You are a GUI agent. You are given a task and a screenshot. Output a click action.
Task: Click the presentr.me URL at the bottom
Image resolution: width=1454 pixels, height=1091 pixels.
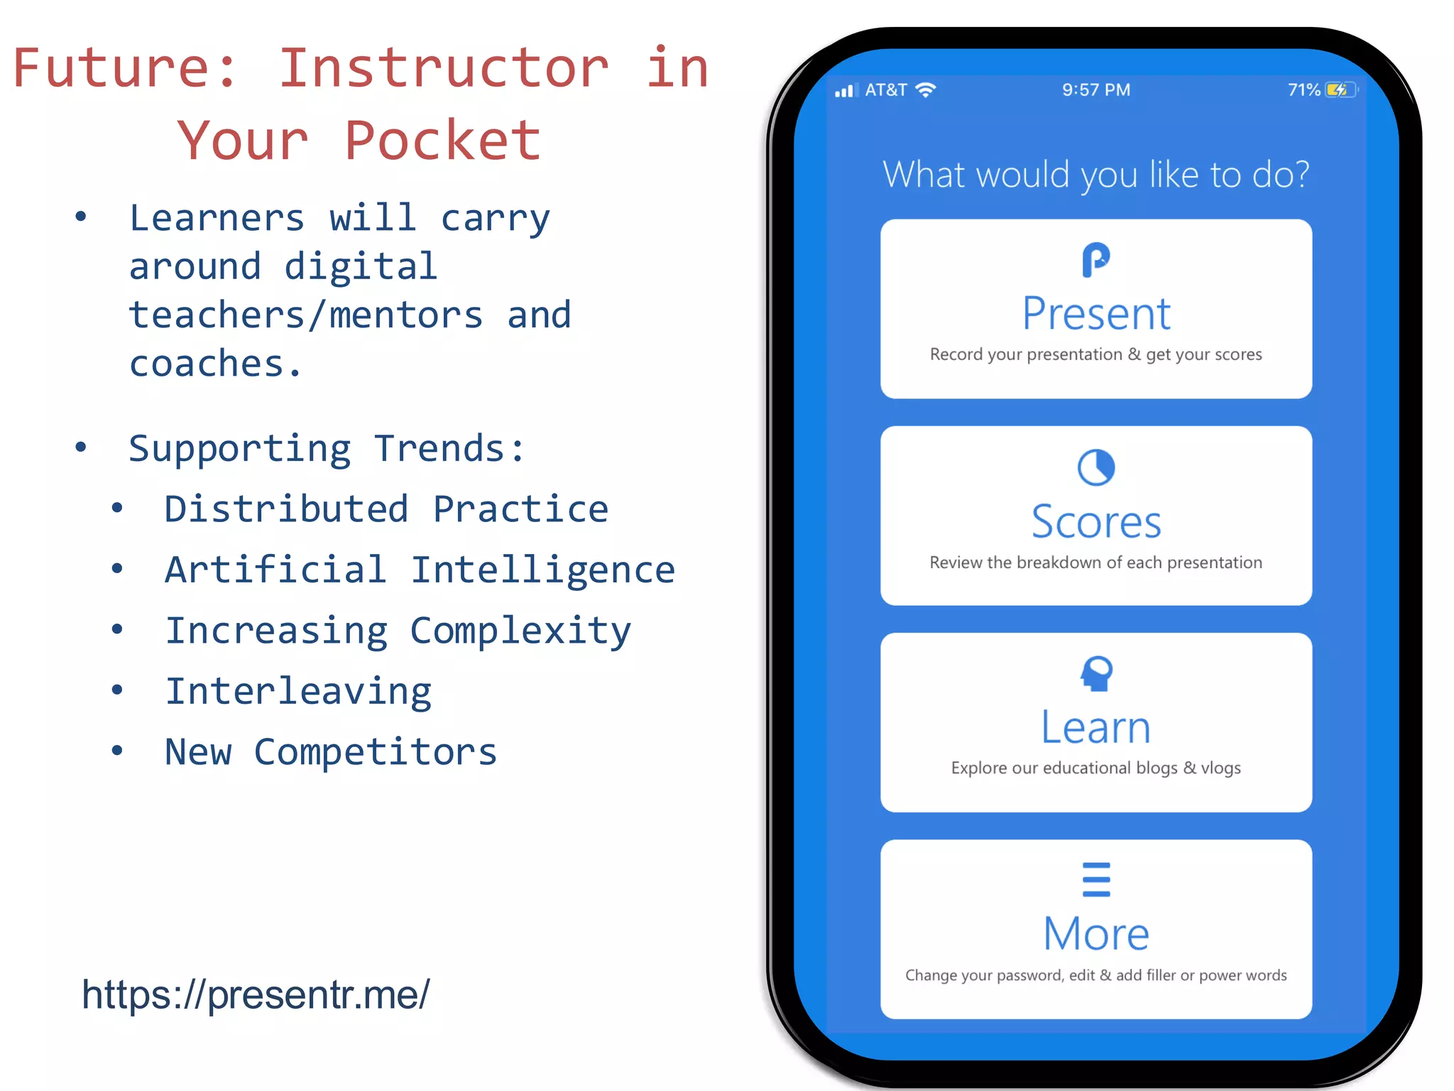(x=256, y=994)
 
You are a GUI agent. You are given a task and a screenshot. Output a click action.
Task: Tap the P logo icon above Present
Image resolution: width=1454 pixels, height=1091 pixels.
(x=1095, y=260)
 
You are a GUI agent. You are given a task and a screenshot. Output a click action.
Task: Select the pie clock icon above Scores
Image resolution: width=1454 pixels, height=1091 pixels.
(x=1095, y=467)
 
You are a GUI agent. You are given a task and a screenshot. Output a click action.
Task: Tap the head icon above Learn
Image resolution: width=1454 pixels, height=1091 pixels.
(x=1096, y=673)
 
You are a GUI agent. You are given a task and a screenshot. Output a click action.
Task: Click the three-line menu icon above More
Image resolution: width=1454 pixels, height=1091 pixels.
(x=1096, y=879)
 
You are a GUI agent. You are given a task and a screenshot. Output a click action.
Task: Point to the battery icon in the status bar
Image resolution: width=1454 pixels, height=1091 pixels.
(x=1340, y=90)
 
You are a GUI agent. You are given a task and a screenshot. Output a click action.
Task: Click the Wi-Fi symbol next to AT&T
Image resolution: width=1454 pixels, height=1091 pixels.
(x=926, y=90)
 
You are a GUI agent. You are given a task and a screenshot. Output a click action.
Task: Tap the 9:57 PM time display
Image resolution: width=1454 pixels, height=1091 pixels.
(x=1095, y=90)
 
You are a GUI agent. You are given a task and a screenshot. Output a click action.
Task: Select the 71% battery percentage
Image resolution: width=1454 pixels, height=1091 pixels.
(x=1303, y=90)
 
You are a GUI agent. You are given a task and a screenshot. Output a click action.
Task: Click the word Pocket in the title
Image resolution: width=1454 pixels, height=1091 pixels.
(x=442, y=141)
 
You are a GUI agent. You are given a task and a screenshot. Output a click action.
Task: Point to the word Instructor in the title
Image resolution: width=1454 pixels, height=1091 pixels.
(x=443, y=68)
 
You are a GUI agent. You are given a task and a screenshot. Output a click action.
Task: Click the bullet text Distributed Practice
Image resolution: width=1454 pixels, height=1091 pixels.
(x=386, y=509)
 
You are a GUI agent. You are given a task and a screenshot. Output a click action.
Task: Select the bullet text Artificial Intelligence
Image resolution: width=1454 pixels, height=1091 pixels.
(x=420, y=570)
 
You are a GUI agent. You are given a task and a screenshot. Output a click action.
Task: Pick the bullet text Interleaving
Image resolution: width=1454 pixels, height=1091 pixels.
(x=298, y=692)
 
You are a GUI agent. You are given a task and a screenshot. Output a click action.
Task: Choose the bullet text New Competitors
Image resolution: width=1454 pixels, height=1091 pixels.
(x=331, y=752)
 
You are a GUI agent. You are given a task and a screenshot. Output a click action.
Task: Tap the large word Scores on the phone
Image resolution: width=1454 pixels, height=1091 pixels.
(x=1095, y=522)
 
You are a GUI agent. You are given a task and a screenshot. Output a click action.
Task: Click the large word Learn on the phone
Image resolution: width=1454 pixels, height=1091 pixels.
(x=1095, y=727)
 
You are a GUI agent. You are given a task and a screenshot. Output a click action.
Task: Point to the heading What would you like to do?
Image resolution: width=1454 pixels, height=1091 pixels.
(x=1095, y=175)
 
